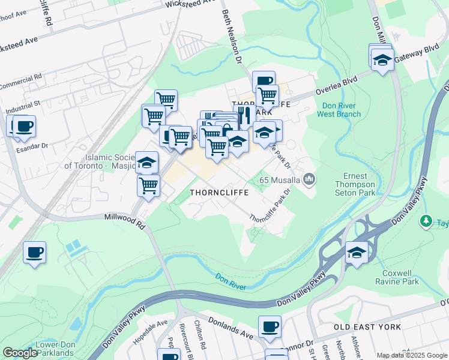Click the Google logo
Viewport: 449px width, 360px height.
[x=20, y=353]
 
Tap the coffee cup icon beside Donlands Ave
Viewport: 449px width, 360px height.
[x=270, y=327]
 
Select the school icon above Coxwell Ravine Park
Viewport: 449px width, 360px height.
[x=357, y=253]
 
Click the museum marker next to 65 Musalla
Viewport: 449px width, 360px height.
[x=309, y=179]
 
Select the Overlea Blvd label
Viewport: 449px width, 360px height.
[x=337, y=84]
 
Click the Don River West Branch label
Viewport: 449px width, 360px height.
[x=341, y=110]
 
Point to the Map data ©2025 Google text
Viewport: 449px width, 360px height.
[x=411, y=355]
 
